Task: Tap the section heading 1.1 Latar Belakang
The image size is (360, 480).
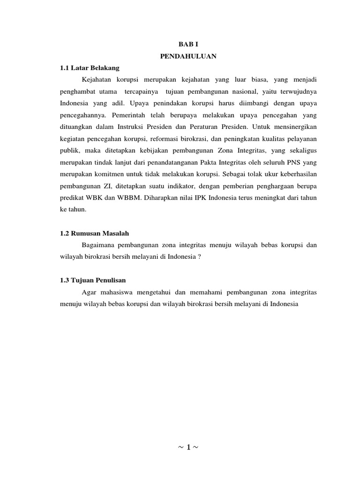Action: coord(90,67)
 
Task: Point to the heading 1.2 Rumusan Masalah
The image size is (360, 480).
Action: coord(94,233)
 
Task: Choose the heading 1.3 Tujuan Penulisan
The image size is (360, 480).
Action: coord(93,280)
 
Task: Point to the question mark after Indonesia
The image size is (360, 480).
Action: coord(199,257)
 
